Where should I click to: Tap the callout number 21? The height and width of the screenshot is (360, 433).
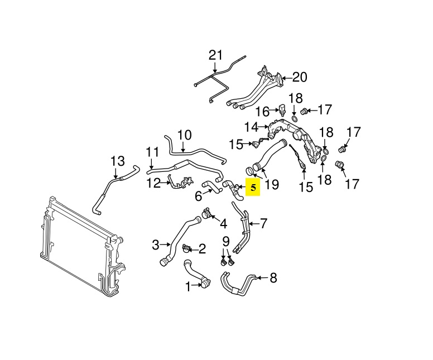click(215, 55)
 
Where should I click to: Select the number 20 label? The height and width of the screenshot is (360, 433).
click(300, 77)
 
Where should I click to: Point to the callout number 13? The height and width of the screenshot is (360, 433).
click(117, 161)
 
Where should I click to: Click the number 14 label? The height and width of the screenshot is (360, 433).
click(251, 127)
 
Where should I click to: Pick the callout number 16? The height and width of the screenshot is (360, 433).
click(262, 111)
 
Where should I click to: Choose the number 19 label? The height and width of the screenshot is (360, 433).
click(272, 184)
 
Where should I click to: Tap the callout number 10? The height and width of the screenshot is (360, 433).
click(184, 135)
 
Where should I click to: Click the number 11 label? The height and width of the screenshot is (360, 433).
click(153, 152)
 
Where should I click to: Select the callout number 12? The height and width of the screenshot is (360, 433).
click(153, 182)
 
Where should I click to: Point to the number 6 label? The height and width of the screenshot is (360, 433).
click(198, 196)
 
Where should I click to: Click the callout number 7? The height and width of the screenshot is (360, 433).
click(263, 224)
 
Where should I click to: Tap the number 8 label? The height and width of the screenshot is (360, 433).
click(273, 277)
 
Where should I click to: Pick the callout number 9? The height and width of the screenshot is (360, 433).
click(226, 242)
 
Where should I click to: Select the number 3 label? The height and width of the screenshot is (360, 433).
click(156, 244)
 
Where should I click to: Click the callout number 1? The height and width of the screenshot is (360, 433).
click(188, 286)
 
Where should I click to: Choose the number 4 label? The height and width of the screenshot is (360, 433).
click(223, 224)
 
